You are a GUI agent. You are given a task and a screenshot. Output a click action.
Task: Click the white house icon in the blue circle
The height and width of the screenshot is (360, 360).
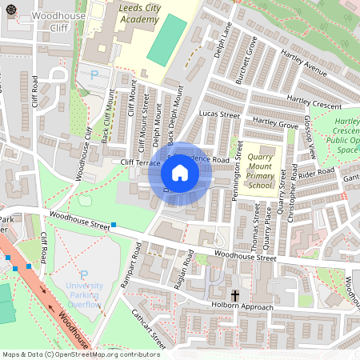click(x=180, y=172)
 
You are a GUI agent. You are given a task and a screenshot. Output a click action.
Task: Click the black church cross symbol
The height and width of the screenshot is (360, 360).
click(x=236, y=295)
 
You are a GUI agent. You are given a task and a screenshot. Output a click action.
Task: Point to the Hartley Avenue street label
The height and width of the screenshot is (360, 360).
click(x=304, y=66)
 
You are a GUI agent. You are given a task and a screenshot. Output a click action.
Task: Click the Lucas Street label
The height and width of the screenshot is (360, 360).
click(x=219, y=115)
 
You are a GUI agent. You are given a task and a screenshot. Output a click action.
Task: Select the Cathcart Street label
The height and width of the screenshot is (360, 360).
click(x=148, y=330)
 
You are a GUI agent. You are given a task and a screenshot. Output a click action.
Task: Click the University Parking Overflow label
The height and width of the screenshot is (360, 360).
click(x=84, y=295)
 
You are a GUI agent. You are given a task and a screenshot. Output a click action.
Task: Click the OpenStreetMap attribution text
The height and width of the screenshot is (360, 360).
click(x=80, y=354)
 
